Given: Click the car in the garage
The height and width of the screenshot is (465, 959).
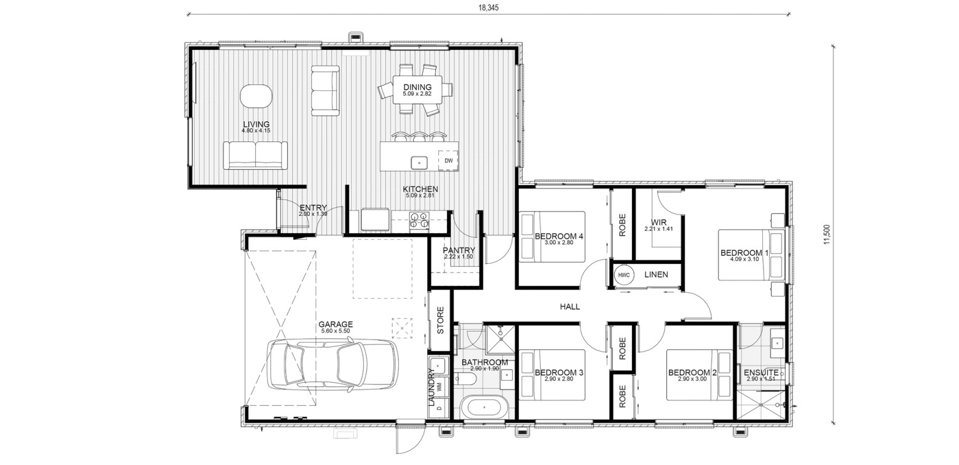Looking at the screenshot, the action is point(332,364).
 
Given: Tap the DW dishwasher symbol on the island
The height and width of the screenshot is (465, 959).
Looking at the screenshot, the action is point(448,161).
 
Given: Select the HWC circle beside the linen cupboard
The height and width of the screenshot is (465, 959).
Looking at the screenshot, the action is point(624,275).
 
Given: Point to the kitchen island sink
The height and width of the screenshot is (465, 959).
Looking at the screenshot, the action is point(419,163).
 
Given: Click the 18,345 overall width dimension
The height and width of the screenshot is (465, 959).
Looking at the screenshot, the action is point(489,8).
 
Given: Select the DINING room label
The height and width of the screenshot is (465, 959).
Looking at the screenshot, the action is point(417,87).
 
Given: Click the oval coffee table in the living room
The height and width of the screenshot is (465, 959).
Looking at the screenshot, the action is point(255,97).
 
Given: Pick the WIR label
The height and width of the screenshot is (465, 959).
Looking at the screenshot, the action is point(658,223).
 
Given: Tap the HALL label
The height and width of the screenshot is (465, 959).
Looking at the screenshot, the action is point(570,306).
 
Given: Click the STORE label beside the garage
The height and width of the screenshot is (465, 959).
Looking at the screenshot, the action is point(441,320).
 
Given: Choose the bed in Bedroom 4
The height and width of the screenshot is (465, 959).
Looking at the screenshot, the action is point(552,236).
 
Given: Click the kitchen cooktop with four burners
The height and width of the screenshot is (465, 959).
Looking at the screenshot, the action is point(419,220).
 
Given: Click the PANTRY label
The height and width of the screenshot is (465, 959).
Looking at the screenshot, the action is point(459,250).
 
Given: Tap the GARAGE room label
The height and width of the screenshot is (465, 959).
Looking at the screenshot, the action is point(335,325).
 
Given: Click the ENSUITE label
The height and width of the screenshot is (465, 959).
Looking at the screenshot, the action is point(761,373).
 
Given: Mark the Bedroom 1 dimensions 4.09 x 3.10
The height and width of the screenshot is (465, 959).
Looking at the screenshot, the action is point(744,259).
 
